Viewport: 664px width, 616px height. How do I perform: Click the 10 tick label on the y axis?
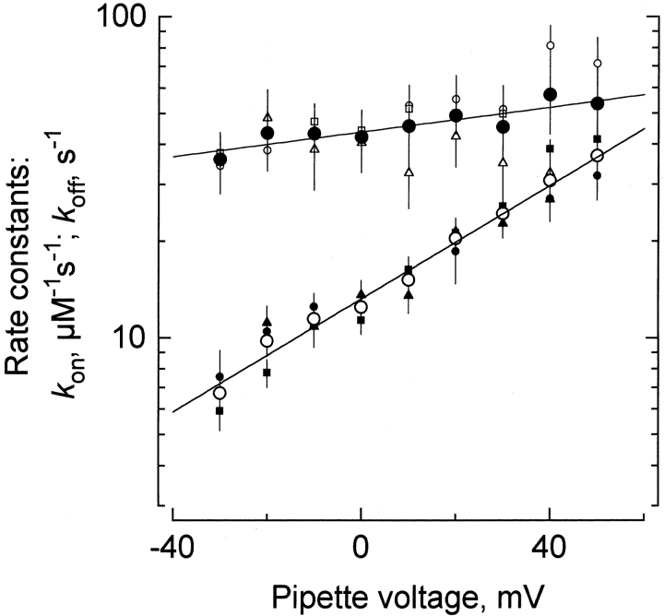pyautogui.click(x=138, y=338)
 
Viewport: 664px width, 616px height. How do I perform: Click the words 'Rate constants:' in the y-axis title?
pyautogui.click(x=27, y=267)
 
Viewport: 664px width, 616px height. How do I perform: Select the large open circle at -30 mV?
pyautogui.click(x=219, y=393)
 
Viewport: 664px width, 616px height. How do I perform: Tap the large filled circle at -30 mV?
pyautogui.click(x=219, y=159)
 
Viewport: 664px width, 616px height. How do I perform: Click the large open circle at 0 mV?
pyautogui.click(x=362, y=307)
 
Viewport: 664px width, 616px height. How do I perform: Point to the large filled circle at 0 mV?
pyautogui.click(x=362, y=136)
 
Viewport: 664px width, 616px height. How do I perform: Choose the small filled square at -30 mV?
pyautogui.click(x=219, y=410)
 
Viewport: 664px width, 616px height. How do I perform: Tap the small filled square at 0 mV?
pyautogui.click(x=362, y=320)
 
